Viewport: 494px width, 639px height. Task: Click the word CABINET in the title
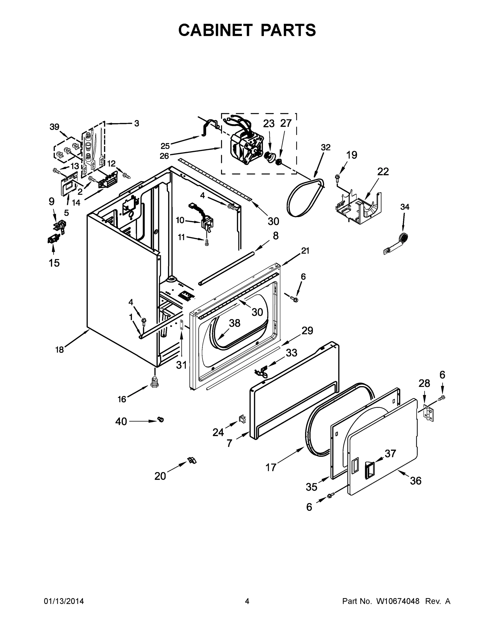click(x=215, y=30)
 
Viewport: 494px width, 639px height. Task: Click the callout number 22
click(x=383, y=172)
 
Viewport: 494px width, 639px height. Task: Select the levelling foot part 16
click(x=154, y=382)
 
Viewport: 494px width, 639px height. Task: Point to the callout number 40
click(x=121, y=422)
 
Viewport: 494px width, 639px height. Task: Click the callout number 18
click(x=59, y=350)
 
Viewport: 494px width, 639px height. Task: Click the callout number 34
click(x=405, y=207)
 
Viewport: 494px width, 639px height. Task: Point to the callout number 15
click(x=54, y=263)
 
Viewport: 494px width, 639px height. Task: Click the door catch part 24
click(x=243, y=419)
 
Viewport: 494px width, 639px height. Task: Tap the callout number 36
click(x=415, y=481)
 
